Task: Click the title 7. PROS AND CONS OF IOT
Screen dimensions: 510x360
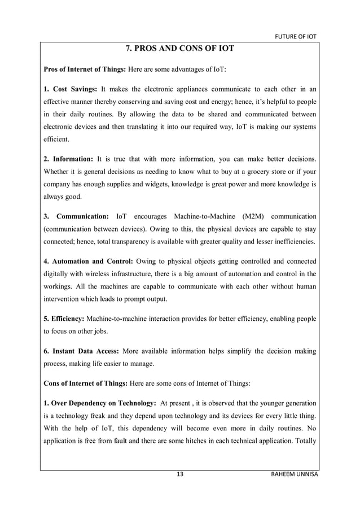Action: [179, 49]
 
